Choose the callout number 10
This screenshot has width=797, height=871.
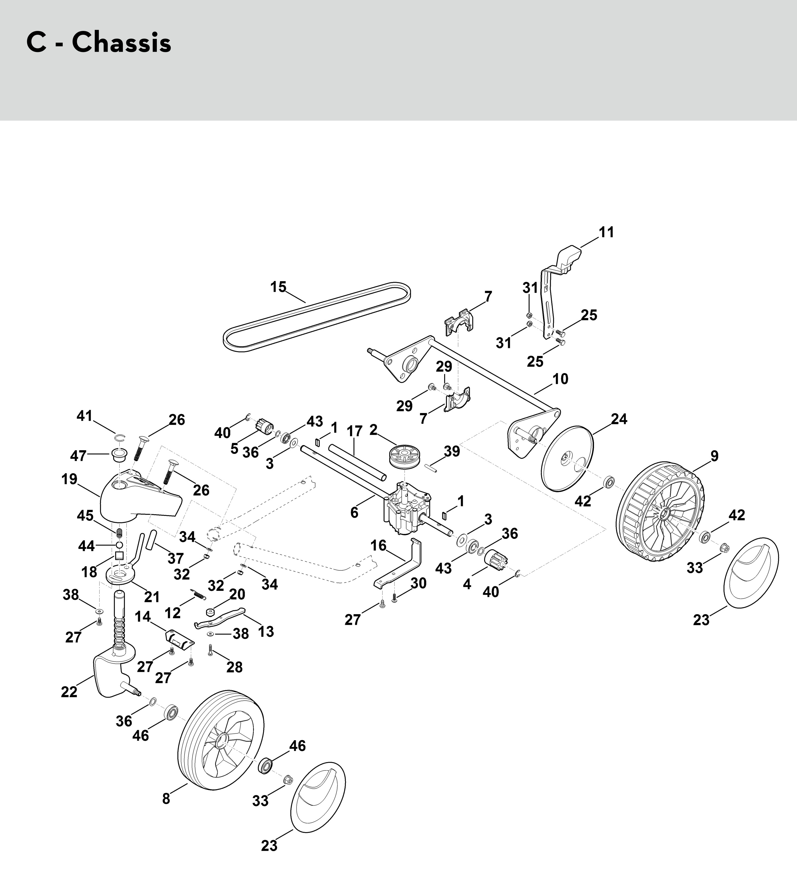point(560,379)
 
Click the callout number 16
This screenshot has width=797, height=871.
point(378,545)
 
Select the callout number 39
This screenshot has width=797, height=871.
point(452,451)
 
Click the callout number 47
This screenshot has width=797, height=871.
point(78,455)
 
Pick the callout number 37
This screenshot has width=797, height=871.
point(175,558)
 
